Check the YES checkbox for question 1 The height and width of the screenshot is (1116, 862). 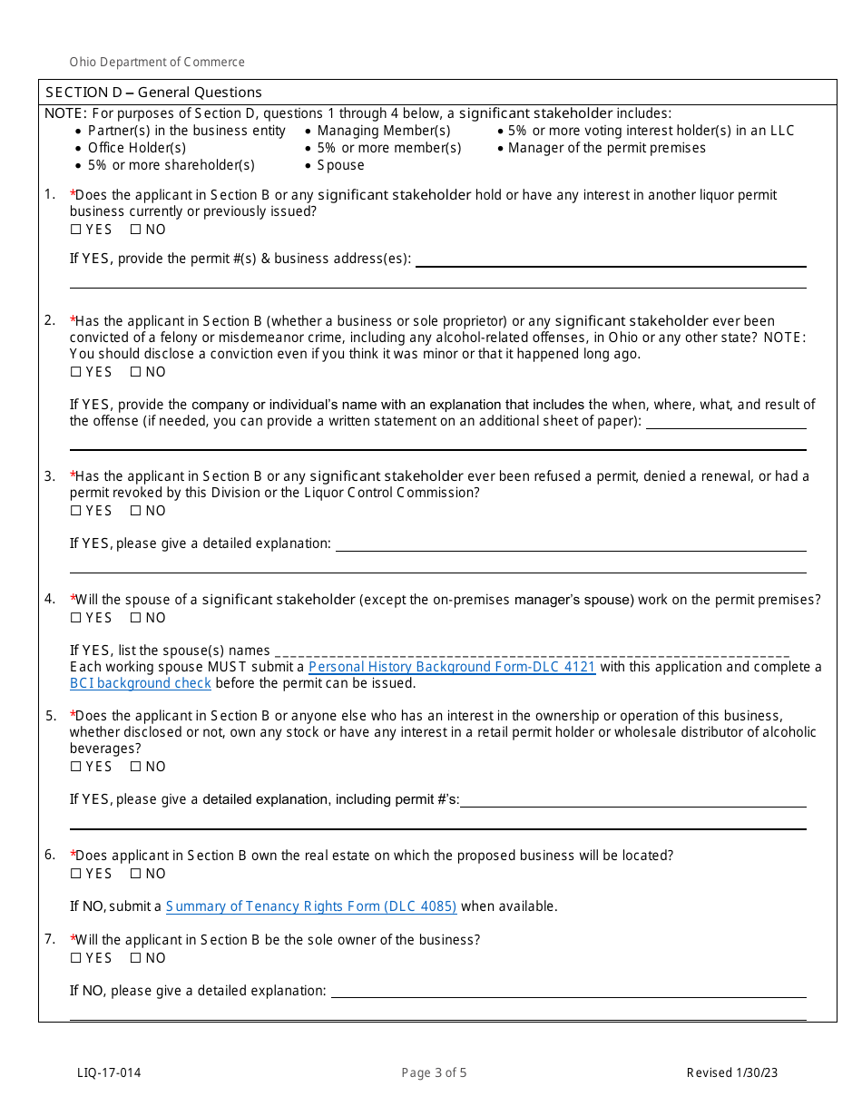tap(75, 230)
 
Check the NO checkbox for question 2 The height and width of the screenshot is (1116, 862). tap(135, 372)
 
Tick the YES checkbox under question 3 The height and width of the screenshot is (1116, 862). tap(75, 511)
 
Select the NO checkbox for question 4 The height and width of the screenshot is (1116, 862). tap(135, 618)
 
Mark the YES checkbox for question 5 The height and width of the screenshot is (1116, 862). tap(75, 767)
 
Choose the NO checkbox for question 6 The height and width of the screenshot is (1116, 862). tap(135, 874)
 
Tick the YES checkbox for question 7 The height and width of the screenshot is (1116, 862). tap(75, 958)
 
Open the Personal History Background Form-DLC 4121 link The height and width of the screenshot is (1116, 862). tap(452, 667)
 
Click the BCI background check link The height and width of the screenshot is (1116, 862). tap(141, 683)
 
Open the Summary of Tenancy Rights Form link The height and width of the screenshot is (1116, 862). tap(311, 906)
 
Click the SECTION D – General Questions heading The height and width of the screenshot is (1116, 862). tap(153, 93)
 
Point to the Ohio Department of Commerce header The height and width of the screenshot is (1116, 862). tap(157, 63)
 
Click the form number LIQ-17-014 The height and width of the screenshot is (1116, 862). tap(109, 1073)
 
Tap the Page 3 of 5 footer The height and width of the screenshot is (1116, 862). tap(434, 1073)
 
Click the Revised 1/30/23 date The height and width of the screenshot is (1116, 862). tap(731, 1073)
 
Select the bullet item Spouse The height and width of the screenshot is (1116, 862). tap(340, 165)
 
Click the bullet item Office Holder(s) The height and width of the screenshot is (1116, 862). tap(137, 148)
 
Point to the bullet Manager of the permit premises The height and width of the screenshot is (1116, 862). tap(606, 148)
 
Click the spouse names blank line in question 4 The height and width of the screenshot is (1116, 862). tap(531, 651)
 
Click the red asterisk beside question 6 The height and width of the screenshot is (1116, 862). tap(73, 855)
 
